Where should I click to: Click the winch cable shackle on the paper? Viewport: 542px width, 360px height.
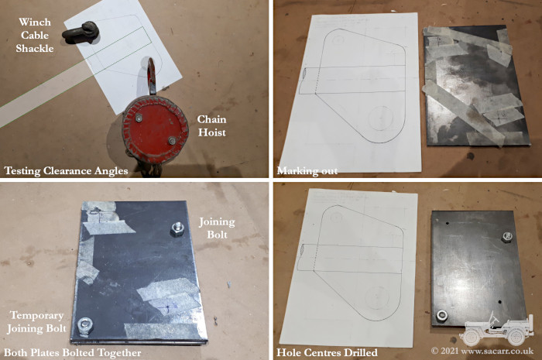click(81, 33)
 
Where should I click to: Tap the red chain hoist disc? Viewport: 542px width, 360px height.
click(155, 129)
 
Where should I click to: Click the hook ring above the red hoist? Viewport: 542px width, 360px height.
click(152, 75)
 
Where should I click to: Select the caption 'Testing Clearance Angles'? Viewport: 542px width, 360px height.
click(66, 170)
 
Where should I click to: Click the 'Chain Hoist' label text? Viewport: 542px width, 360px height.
click(212, 125)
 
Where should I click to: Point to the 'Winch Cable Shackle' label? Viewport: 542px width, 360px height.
click(35, 35)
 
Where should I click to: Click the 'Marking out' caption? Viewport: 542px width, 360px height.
click(307, 170)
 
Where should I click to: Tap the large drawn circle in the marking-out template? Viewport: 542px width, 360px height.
click(381, 118)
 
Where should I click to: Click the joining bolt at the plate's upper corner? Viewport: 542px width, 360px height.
click(177, 229)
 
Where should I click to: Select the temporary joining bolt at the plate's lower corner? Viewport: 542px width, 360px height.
click(84, 326)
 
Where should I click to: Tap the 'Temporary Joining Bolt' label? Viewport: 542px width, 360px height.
click(36, 321)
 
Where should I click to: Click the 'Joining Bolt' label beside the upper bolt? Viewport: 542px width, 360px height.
click(217, 228)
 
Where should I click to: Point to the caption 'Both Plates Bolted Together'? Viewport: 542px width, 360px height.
click(72, 353)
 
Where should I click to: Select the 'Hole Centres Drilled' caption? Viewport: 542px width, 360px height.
click(327, 352)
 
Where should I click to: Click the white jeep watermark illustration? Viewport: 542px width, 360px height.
click(496, 328)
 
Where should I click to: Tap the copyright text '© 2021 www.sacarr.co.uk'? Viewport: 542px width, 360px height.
click(482, 351)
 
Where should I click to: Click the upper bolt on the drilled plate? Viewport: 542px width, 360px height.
click(506, 237)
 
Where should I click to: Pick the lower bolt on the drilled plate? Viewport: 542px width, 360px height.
click(442, 315)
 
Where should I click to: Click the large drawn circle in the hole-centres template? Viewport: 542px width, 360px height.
click(376, 297)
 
